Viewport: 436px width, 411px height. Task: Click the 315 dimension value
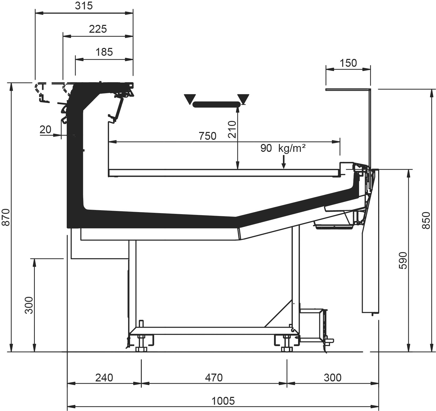click(84, 6)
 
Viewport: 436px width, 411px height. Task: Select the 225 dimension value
click(98, 29)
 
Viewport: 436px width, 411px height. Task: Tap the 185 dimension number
click(104, 52)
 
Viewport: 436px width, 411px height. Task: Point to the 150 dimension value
click(348, 63)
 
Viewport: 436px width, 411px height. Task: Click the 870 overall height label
click(6, 217)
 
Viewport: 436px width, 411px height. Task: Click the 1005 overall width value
click(223, 401)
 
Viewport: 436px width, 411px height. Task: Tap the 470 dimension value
click(214, 378)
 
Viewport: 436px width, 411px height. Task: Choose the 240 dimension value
click(104, 378)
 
